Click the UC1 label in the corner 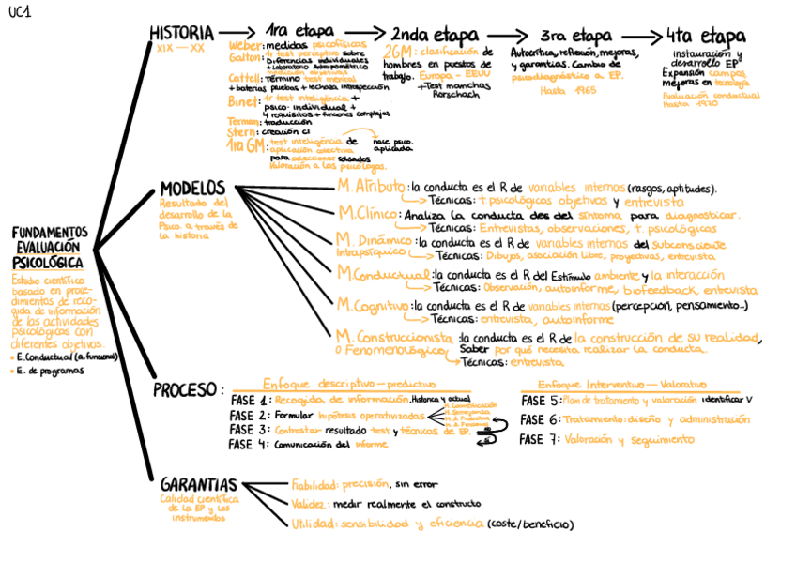(x=20, y=12)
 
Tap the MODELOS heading (x=191, y=188)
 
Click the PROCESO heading (x=186, y=390)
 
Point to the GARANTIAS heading (x=197, y=485)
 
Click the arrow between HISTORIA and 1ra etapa (x=239, y=35)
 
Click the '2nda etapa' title (x=435, y=36)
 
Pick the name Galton (x=243, y=57)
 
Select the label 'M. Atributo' (x=372, y=186)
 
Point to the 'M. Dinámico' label (x=374, y=240)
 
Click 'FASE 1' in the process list (x=250, y=401)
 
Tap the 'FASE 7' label (x=539, y=439)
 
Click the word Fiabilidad (x=314, y=485)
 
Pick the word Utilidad (x=312, y=524)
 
